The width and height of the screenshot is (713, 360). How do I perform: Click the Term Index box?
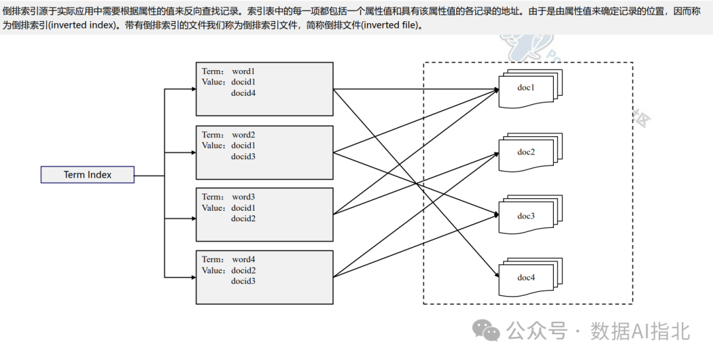(x=87, y=175)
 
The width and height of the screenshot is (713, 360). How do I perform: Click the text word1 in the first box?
(x=243, y=71)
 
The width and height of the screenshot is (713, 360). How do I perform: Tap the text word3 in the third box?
(x=243, y=197)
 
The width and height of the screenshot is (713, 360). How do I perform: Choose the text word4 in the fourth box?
(x=243, y=260)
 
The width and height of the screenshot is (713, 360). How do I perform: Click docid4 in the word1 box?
(x=243, y=93)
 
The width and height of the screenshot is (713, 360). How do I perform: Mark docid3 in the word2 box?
(x=243, y=157)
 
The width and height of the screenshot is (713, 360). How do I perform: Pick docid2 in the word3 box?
(x=243, y=219)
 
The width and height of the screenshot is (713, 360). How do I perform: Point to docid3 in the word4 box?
(x=243, y=281)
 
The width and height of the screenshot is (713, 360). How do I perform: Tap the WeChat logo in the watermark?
(x=489, y=330)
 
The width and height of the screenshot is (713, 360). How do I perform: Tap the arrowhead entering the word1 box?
(x=192, y=89)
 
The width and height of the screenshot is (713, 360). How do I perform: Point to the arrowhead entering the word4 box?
(x=192, y=276)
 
